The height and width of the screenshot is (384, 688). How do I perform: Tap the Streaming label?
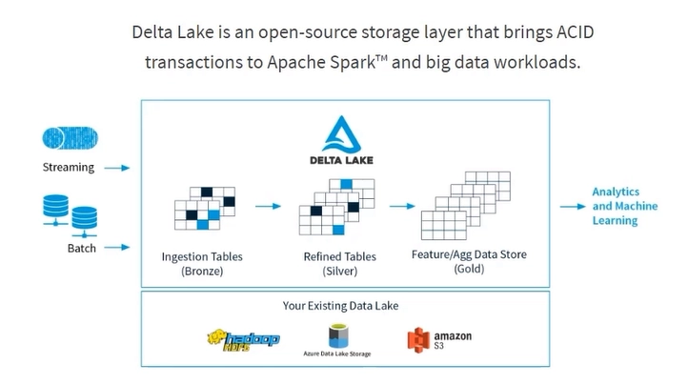click(69, 167)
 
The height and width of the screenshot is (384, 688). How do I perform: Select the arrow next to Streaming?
click(117, 168)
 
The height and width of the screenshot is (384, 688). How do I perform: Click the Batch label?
click(82, 248)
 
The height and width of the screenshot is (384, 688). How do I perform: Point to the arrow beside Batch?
click(117, 247)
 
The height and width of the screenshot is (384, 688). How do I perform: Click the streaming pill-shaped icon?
click(71, 138)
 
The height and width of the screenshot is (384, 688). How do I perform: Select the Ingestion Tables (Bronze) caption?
click(202, 263)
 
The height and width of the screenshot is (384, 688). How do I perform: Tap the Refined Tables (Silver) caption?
click(340, 263)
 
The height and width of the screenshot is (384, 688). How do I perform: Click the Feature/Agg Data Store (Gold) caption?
click(469, 261)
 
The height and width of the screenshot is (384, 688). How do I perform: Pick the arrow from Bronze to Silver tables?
click(268, 206)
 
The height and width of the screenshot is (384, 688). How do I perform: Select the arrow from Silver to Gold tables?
click(402, 206)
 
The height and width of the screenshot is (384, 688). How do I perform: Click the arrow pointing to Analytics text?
click(573, 206)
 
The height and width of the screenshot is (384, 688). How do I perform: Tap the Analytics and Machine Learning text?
click(625, 206)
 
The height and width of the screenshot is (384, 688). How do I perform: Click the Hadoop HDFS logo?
click(244, 340)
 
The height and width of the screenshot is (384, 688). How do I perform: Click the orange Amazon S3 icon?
click(418, 340)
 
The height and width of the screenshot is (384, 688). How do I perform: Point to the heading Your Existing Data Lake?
click(340, 306)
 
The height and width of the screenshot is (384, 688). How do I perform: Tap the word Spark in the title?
click(353, 62)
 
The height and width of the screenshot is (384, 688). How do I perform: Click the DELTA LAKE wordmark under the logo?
click(341, 160)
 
